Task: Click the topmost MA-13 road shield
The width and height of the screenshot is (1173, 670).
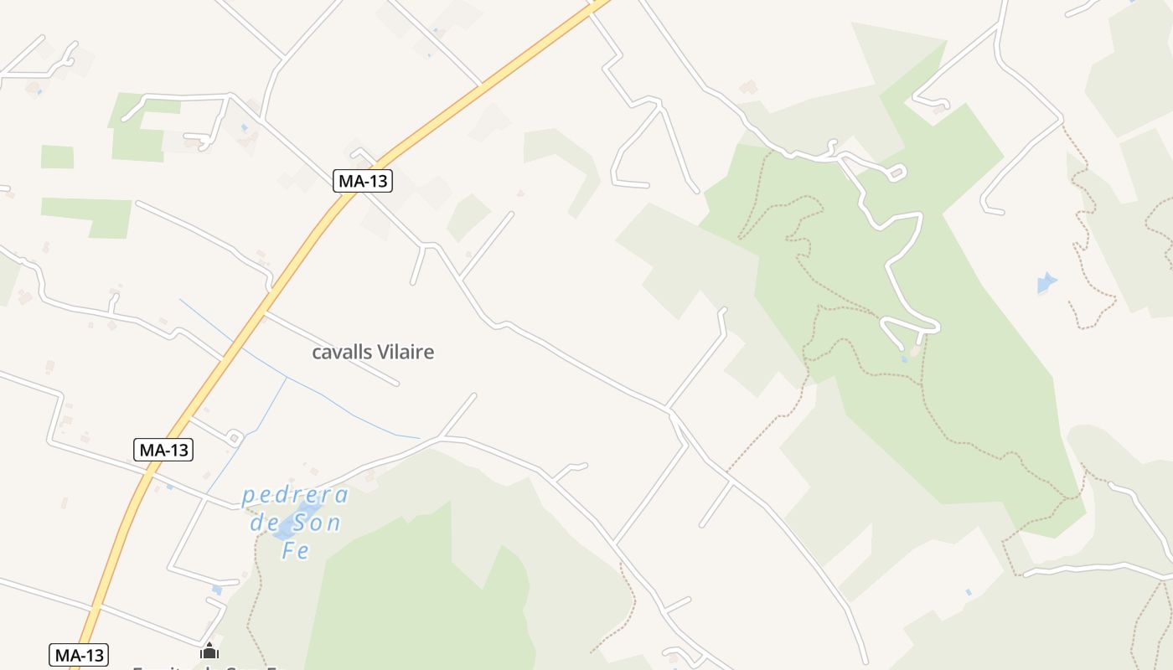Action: (x=363, y=180)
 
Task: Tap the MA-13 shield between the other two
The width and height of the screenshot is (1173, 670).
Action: (x=163, y=450)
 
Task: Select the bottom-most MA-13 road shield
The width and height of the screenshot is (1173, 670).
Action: (x=80, y=655)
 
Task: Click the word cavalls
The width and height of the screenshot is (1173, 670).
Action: (x=341, y=353)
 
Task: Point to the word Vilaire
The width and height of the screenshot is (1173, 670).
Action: (x=406, y=353)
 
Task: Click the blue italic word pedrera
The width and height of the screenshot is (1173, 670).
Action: (x=295, y=496)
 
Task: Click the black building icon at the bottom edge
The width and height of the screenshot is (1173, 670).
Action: (x=209, y=651)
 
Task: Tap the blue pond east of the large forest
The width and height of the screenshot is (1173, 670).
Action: (x=1046, y=282)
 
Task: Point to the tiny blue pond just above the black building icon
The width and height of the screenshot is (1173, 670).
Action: (x=217, y=590)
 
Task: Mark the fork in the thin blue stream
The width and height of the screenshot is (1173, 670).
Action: (x=287, y=378)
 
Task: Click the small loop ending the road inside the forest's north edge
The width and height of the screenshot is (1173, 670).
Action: (x=896, y=173)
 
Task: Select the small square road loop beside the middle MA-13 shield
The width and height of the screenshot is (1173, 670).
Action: (x=234, y=437)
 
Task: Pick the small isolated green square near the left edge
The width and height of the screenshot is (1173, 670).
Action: (x=57, y=157)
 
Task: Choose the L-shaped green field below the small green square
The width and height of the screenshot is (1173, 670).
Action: (x=92, y=213)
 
